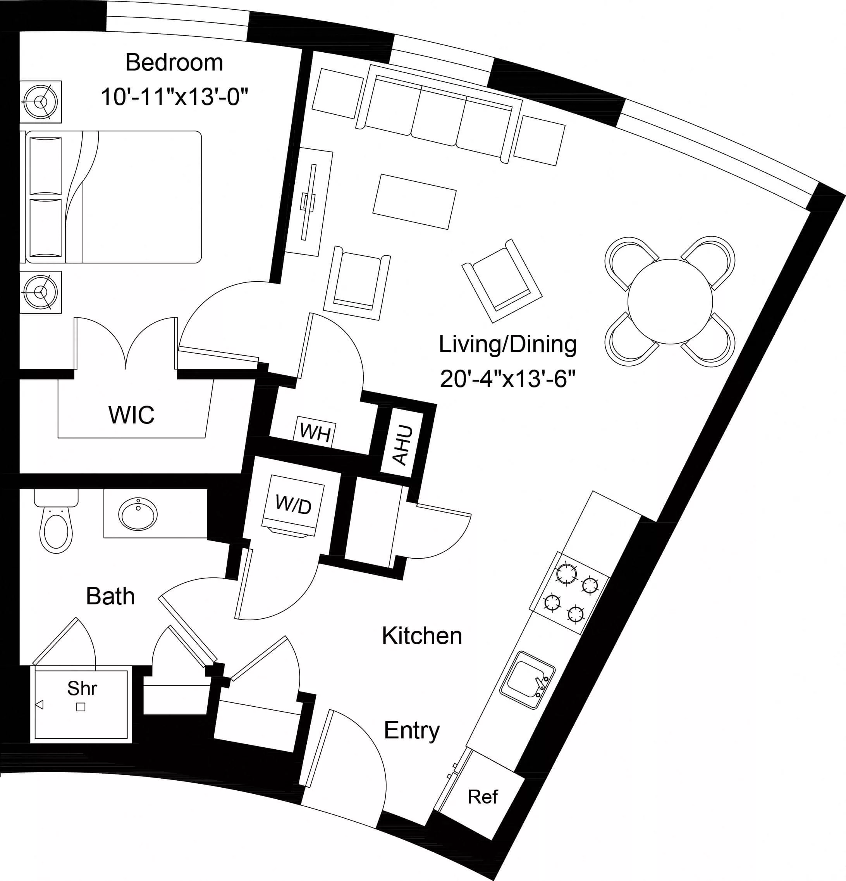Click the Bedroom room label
tap(174, 62)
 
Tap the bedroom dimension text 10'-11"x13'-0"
tap(174, 96)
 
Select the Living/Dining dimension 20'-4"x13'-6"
tap(507, 379)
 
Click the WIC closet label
tap(131, 415)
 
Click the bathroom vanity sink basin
tap(138, 513)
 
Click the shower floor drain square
tap(81, 707)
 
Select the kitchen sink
tap(527, 680)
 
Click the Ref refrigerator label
tap(482, 797)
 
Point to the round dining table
tap(670, 301)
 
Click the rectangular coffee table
tap(414, 202)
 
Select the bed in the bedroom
tap(112, 197)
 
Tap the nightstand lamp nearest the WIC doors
tap(41, 292)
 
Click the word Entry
tap(411, 730)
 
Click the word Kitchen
tap(422, 636)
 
